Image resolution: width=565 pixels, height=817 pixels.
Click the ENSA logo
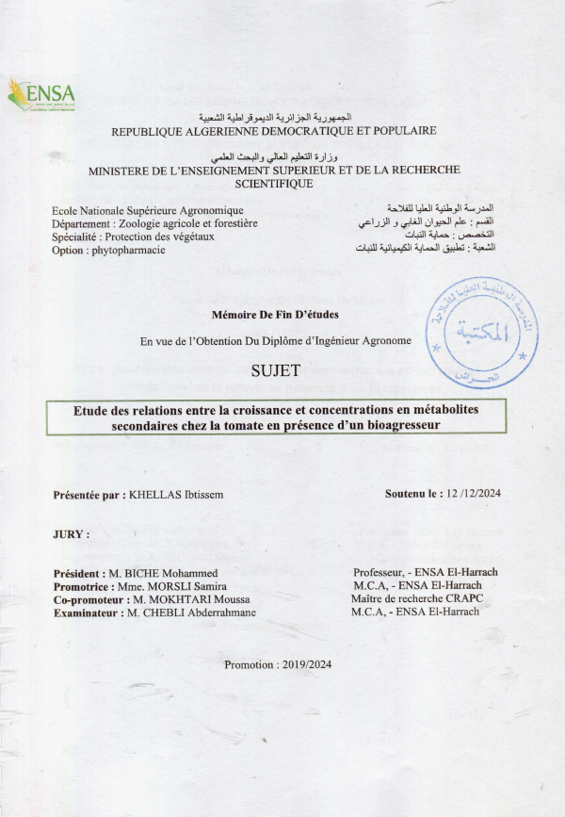click(41, 94)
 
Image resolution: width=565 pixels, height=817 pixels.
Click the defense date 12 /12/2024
click(476, 494)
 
